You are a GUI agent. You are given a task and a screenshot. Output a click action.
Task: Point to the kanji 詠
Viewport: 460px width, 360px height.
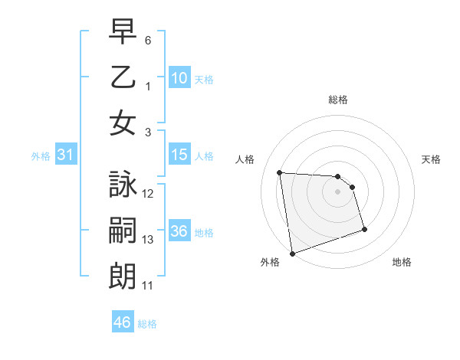[x=123, y=185]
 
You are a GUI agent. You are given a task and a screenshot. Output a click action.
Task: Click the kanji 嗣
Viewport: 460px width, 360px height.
[x=123, y=231]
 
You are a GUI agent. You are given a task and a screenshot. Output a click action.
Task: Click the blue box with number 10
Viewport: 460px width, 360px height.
[x=179, y=77]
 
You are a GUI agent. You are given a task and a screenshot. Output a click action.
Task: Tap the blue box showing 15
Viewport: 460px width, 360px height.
[x=179, y=155]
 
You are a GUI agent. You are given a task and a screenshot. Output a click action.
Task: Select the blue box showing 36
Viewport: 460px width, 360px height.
[x=179, y=232]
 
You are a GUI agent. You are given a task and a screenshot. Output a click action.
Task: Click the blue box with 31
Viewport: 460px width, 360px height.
[x=66, y=155]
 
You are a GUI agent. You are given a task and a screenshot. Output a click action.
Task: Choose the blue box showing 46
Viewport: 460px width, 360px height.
[x=123, y=322]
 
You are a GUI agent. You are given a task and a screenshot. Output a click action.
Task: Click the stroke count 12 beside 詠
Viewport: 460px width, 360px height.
[x=149, y=193]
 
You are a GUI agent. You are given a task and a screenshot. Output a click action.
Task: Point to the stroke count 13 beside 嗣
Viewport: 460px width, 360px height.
[x=149, y=240]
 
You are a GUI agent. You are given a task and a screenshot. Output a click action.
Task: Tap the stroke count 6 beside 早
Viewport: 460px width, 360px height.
[x=148, y=39]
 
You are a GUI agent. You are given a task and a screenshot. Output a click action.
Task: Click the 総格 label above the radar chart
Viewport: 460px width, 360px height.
[x=337, y=100]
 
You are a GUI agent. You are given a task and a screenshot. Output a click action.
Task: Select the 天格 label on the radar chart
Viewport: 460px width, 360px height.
[x=432, y=159]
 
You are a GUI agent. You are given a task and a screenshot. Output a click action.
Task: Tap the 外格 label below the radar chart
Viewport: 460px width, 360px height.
[x=270, y=262]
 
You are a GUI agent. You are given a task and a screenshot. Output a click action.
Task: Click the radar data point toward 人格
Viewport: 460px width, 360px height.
[x=280, y=172]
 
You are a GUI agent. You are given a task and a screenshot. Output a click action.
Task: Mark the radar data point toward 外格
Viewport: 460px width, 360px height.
[x=292, y=253]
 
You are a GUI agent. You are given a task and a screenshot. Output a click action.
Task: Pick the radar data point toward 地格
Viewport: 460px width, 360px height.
[x=364, y=229]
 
